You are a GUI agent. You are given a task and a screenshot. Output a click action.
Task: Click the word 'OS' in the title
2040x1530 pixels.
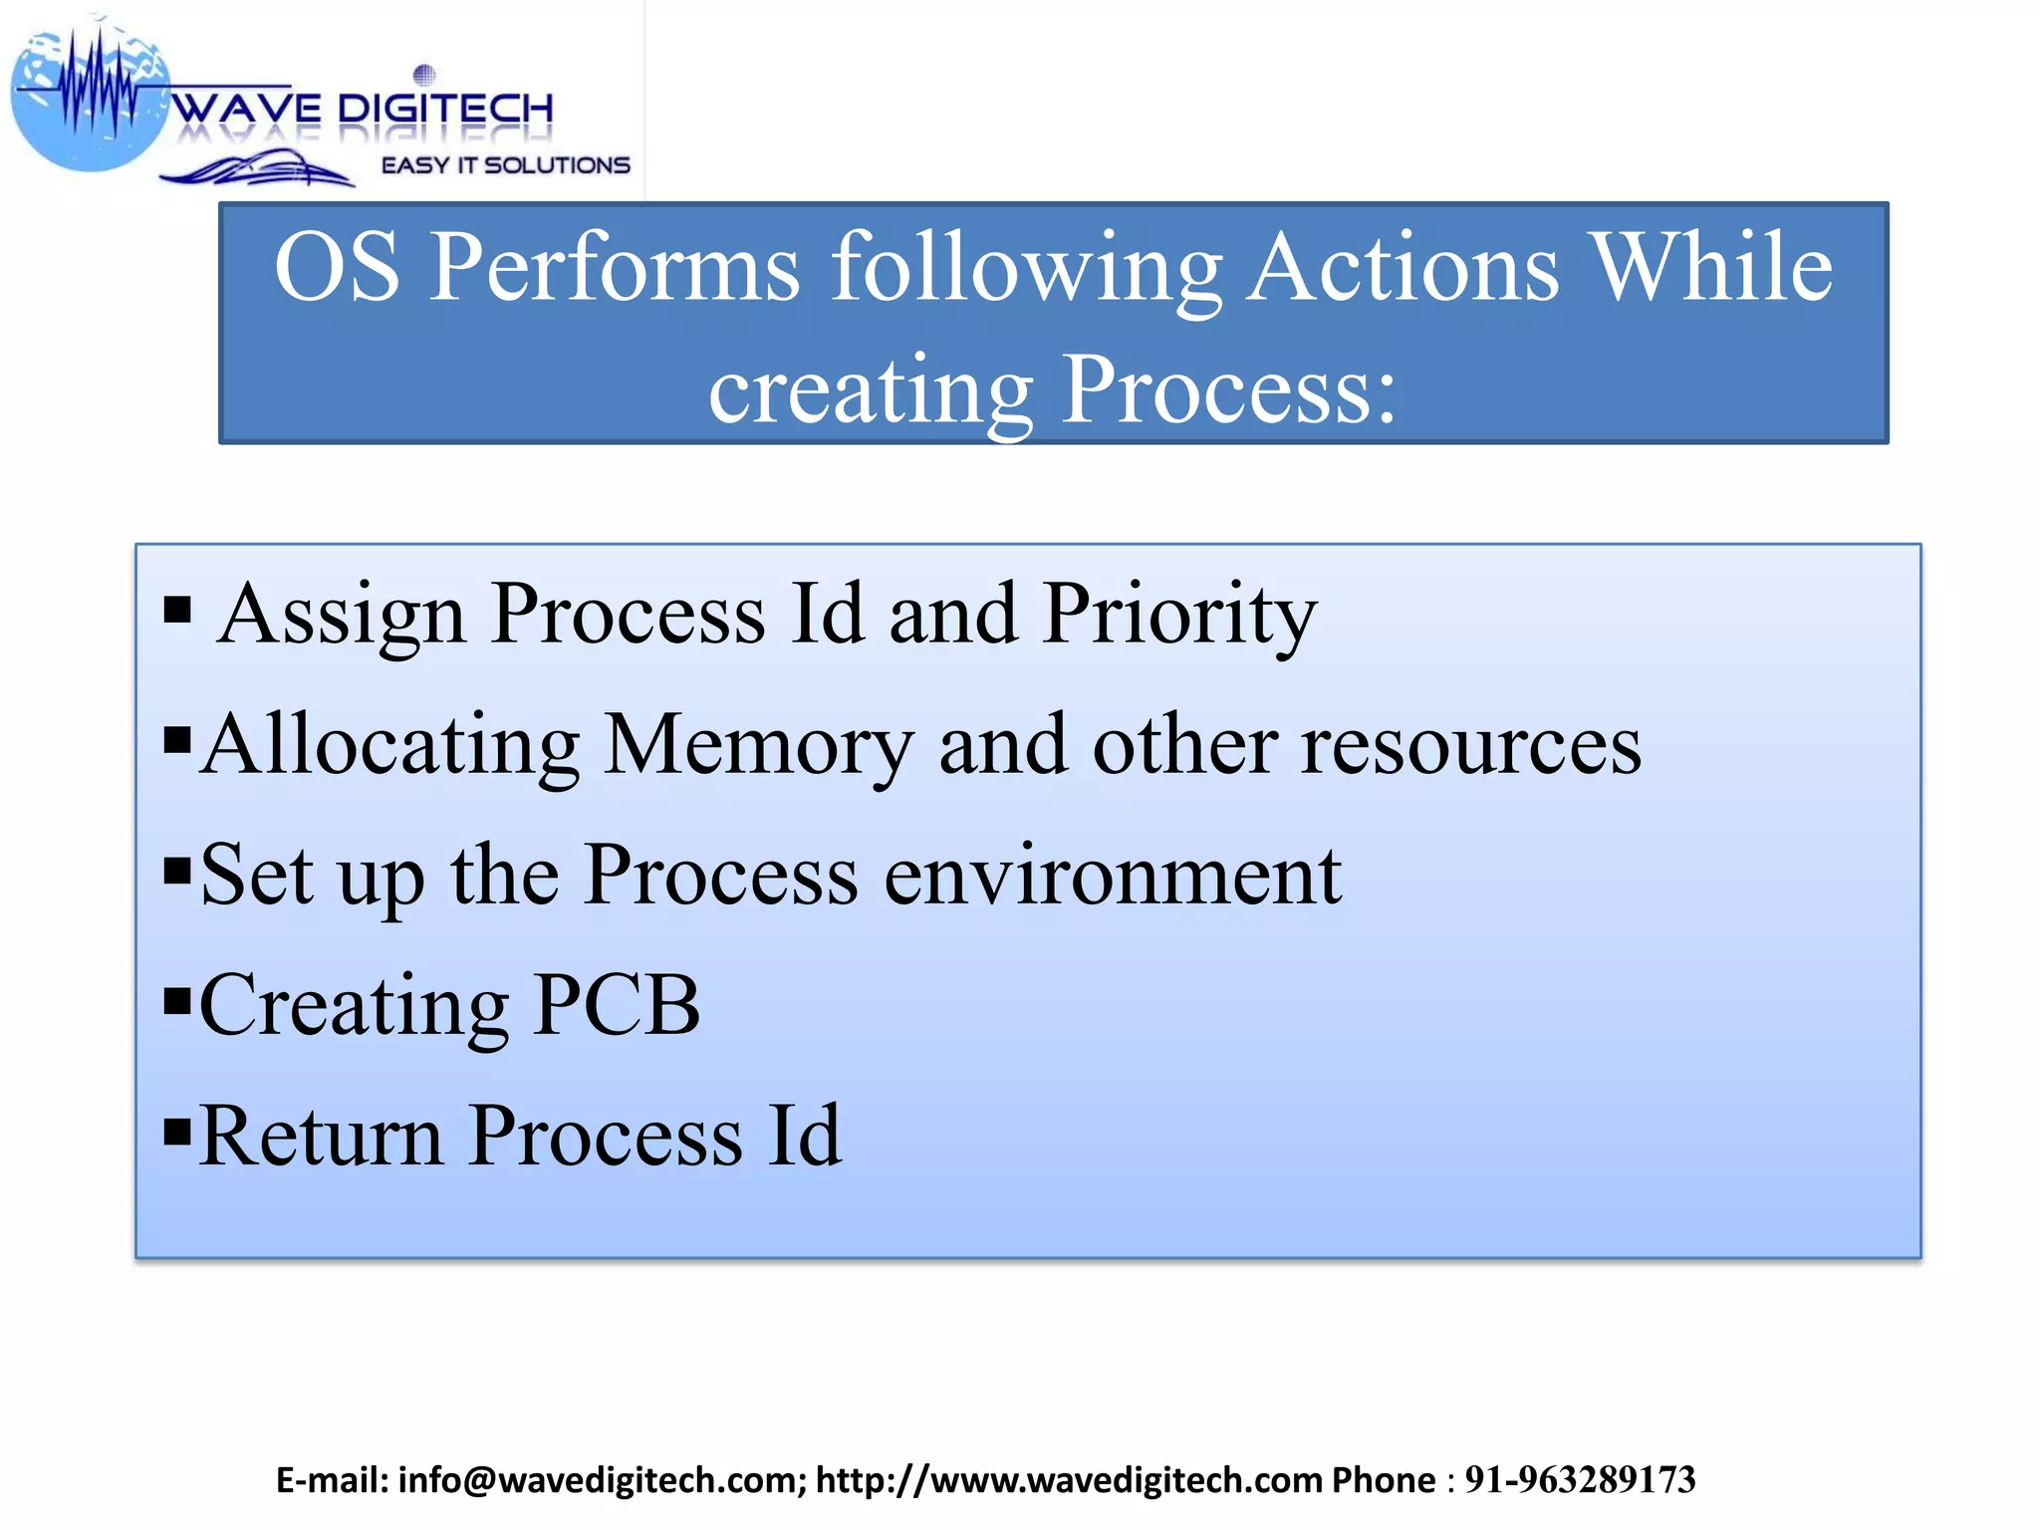tap(337, 267)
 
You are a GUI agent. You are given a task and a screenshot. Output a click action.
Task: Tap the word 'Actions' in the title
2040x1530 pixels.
tap(1402, 267)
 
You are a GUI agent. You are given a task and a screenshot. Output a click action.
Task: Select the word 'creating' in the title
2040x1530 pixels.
tap(870, 390)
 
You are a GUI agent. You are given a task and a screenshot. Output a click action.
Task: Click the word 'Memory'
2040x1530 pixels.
tap(759, 745)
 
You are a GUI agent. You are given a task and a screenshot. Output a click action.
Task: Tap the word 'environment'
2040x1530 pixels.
tap(1113, 875)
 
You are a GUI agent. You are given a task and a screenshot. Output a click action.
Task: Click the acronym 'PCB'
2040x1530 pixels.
tap(617, 1005)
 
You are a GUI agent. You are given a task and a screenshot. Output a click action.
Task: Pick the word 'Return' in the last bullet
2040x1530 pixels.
tap(321, 1136)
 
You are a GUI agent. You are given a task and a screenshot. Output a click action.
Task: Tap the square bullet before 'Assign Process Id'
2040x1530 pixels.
tap(176, 608)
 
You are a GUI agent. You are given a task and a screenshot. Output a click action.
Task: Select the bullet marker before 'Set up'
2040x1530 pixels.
tap(176, 869)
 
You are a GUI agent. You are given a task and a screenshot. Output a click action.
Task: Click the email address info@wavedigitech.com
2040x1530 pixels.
tap(602, 1480)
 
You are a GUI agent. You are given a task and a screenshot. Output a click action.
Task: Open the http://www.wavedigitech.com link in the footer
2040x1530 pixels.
tap(1069, 1480)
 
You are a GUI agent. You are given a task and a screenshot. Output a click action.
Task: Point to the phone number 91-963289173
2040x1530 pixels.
tap(1580, 1480)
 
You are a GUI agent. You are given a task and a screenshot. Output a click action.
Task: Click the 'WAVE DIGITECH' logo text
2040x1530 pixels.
tap(364, 109)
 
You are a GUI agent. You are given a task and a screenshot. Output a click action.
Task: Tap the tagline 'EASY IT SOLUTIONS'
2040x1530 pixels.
tap(506, 165)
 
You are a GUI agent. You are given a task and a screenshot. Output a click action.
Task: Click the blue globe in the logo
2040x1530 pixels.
tap(90, 100)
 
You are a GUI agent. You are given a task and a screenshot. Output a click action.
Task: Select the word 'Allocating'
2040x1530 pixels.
tap(390, 745)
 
